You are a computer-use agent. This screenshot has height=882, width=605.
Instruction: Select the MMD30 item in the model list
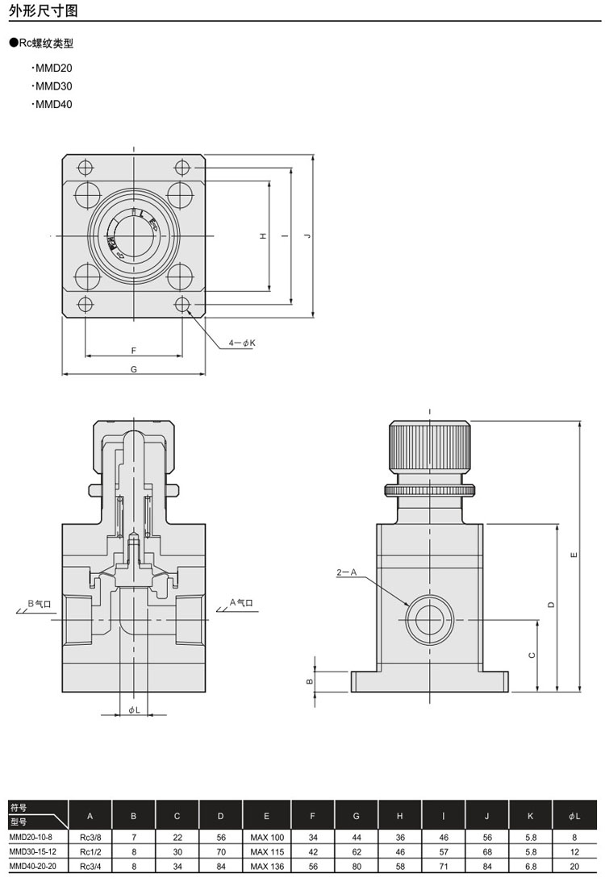coord(53,86)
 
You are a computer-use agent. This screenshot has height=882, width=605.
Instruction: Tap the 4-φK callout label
coord(241,343)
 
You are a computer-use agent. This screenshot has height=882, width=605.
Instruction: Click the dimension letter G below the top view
coord(133,369)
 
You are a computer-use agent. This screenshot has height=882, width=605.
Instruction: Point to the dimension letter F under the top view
coord(133,350)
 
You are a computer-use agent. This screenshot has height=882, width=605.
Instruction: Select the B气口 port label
coord(38,603)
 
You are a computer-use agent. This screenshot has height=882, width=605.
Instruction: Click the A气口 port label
coord(241,602)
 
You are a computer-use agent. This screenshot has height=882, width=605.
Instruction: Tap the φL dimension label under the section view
coord(134,709)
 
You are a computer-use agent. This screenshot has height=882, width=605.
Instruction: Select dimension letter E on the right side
coord(572,555)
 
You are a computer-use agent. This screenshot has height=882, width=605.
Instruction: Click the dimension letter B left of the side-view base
coord(309,681)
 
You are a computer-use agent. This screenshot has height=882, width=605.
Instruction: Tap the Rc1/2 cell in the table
coord(90,851)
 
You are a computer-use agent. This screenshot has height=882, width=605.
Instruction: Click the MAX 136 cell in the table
coord(267,866)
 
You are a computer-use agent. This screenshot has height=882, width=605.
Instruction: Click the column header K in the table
coord(530,816)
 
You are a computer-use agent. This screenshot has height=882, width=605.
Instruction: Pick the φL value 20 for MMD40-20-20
coord(574,866)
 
